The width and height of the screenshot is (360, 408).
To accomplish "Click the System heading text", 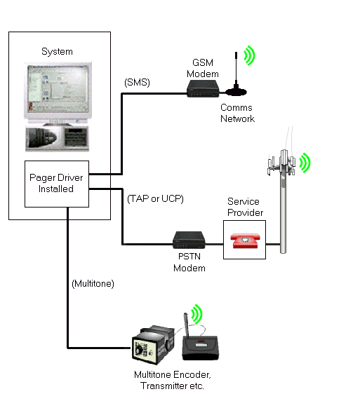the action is pyautogui.click(x=57, y=51).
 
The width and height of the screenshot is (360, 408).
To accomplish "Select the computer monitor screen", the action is pyautogui.click(x=58, y=85).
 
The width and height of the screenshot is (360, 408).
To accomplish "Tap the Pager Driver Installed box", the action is pyautogui.click(x=57, y=184).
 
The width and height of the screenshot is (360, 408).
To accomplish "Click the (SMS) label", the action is pyautogui.click(x=137, y=83).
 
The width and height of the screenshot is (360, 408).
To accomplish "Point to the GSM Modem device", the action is pyautogui.click(x=203, y=89).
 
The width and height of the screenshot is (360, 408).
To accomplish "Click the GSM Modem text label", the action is pyautogui.click(x=203, y=68).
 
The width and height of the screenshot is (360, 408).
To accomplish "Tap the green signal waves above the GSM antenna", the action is pyautogui.click(x=249, y=55).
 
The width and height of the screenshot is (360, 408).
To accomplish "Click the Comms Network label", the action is pyautogui.click(x=237, y=113).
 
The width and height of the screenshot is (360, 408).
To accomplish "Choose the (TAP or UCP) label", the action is pyautogui.click(x=155, y=199).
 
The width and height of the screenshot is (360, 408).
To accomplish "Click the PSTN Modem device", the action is pyautogui.click(x=189, y=240).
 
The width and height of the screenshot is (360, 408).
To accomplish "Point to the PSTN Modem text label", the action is pyautogui.click(x=189, y=262).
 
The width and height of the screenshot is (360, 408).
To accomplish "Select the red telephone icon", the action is pyautogui.click(x=245, y=240).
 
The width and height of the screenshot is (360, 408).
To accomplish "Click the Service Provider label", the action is pyautogui.click(x=245, y=207).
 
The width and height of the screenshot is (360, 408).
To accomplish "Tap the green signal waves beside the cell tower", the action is pyautogui.click(x=305, y=163).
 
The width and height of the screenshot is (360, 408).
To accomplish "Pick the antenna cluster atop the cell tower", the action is pyautogui.click(x=282, y=163).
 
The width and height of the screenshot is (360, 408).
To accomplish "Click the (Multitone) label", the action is pyautogui.click(x=93, y=284).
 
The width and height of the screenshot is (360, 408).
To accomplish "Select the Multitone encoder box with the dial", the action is pyautogui.click(x=153, y=344).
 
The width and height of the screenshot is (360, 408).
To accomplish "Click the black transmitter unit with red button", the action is pyautogui.click(x=200, y=347).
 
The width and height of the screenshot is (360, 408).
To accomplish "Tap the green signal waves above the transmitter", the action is pyautogui.click(x=197, y=314).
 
